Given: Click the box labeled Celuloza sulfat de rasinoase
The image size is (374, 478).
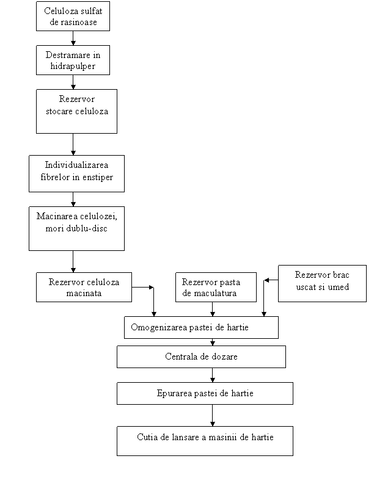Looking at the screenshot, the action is tap(73, 16).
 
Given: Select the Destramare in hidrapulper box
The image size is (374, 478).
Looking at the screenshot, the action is tap(73, 60).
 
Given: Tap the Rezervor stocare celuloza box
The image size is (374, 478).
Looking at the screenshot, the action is tap(76, 111).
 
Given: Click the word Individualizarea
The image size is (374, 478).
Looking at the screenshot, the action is tap(76, 165).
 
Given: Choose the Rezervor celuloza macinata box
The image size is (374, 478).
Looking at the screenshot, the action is tap(84, 287).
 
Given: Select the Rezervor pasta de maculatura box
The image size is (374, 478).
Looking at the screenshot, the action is tap(216, 287).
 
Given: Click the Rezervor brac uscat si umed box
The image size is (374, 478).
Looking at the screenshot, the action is tap(322, 283).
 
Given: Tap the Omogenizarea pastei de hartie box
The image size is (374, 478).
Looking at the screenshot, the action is tap(201, 327).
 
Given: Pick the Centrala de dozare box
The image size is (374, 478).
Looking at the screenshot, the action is tap(201, 357).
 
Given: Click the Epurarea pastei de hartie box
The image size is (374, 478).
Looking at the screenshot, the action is tap(205, 393).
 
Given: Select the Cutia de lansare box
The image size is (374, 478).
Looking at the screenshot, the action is tap(205, 441).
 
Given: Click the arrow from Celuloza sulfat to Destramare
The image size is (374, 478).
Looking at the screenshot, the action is tap(73, 38).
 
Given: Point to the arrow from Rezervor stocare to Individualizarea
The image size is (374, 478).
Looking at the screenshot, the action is tap(73, 145).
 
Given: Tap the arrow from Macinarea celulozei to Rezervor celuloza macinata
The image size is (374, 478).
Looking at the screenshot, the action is tap(73, 261).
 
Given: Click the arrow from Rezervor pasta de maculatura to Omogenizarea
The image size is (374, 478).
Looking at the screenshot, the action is tap(213, 309).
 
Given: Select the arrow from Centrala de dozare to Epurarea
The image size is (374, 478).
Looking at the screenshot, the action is tap(213, 375).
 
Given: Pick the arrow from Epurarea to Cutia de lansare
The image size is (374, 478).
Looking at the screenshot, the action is tap(213, 416).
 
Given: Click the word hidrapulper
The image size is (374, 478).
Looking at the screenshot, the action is tap(73, 67).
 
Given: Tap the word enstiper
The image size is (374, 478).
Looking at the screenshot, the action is tap(97, 178).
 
